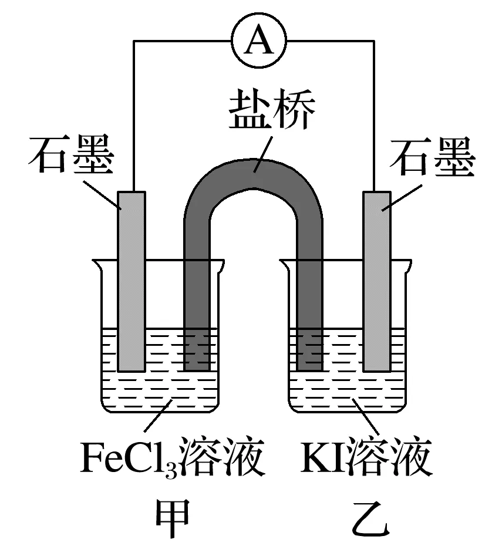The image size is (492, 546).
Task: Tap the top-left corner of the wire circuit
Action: (134, 41)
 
